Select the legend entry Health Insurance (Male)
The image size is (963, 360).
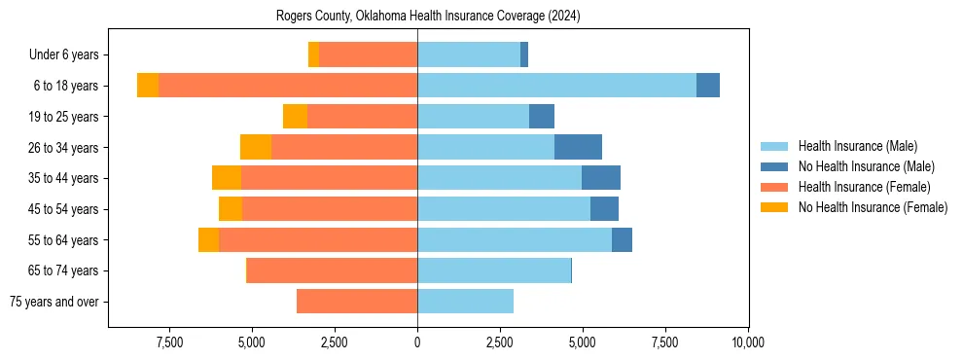857,146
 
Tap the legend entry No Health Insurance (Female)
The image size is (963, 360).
873,207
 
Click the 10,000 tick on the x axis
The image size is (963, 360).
747,342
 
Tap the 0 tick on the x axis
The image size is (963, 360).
417,342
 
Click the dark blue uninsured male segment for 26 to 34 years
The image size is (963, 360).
578,147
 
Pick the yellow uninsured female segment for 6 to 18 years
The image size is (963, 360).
148,86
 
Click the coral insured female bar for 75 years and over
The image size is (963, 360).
357,302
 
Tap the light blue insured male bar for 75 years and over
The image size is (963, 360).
465,302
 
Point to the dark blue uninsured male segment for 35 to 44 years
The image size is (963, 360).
601,178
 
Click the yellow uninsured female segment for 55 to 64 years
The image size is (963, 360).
209,239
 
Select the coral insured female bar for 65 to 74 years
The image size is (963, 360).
332,270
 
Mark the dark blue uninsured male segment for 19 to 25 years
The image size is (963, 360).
542,117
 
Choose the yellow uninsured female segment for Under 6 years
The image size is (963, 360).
313,54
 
